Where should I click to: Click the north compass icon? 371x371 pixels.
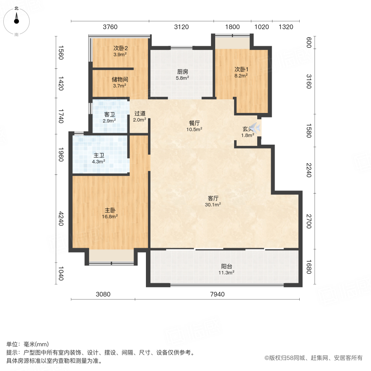tap(16, 19)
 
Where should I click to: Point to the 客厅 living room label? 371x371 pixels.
tap(213, 197)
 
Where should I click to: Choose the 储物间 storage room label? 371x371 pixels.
tap(120, 80)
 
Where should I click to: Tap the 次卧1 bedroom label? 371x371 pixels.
tap(241, 69)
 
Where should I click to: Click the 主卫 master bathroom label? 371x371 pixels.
tap(99, 155)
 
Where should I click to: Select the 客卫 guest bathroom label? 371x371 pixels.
tap(109, 114)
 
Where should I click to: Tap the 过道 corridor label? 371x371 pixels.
tap(140, 113)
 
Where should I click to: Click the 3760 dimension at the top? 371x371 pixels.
tap(110, 27)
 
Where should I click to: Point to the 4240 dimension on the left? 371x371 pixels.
tap(61, 219)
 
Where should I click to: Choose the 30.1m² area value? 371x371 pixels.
tap(213, 204)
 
